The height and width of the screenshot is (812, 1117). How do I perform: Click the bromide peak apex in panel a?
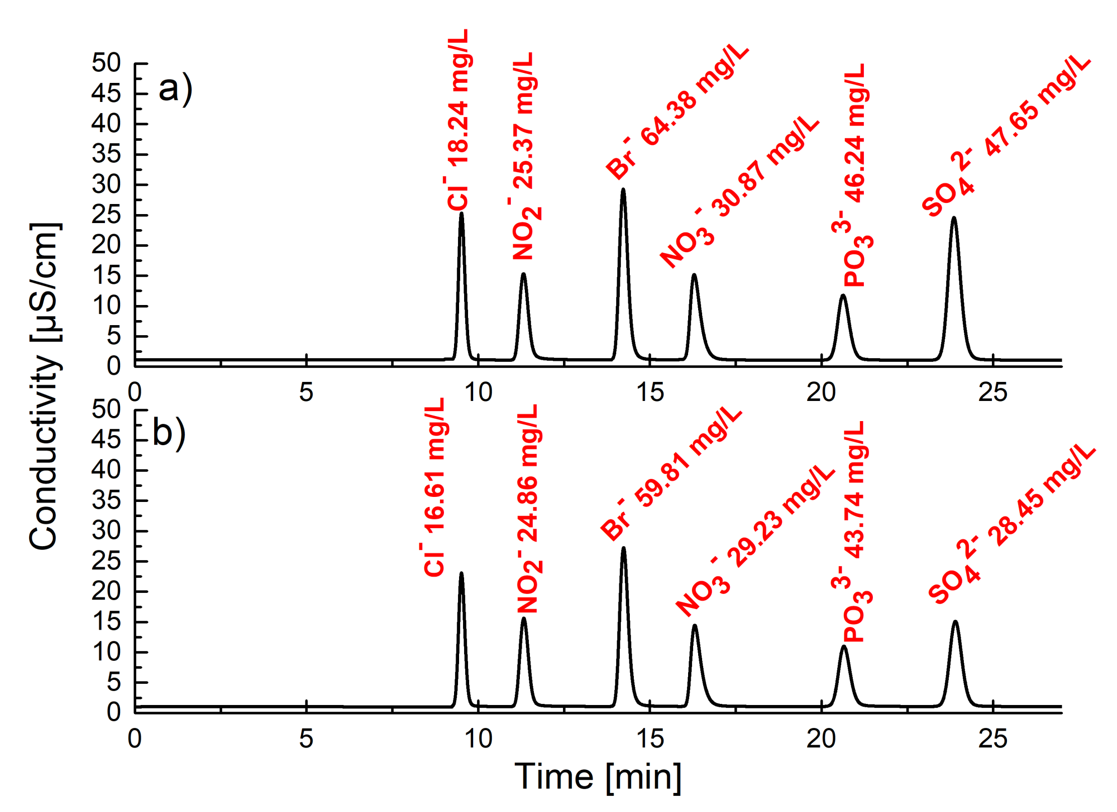623,189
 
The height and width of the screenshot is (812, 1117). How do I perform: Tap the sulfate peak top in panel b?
955,622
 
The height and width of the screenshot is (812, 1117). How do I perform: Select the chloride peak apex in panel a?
461,214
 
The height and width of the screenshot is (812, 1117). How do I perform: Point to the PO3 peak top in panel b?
844,647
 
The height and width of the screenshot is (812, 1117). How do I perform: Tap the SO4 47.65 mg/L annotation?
1006,136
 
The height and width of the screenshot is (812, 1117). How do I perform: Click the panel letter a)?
175,89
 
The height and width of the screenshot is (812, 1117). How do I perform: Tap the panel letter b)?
169,434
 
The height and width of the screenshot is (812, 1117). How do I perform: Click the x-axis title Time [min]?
598,777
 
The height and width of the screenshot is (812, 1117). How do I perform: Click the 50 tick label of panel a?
106,63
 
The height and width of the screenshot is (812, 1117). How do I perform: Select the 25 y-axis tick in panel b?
106,561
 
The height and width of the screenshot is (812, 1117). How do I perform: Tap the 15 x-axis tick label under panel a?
650,392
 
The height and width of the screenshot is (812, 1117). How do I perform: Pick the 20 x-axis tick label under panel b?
821,739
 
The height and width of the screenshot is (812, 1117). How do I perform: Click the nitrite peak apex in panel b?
523,619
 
